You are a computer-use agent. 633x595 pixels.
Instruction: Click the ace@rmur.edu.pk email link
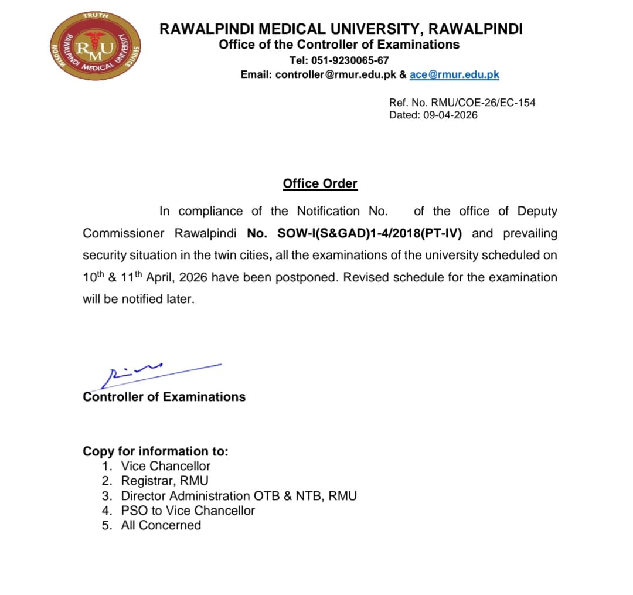(454, 74)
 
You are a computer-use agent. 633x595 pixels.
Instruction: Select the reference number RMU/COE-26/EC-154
(483, 103)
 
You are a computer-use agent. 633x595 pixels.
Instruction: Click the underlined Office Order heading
(320, 183)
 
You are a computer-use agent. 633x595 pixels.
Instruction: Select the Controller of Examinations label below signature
(164, 397)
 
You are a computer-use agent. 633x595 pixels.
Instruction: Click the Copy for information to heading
(155, 451)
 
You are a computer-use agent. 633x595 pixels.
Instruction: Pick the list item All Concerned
(161, 525)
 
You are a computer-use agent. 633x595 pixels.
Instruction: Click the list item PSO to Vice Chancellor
(188, 511)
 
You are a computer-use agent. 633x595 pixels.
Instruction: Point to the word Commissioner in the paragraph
(124, 233)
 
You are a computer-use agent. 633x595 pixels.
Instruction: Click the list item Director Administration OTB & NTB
(239, 496)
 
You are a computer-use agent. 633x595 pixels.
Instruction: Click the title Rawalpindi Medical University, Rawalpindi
(341, 29)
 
